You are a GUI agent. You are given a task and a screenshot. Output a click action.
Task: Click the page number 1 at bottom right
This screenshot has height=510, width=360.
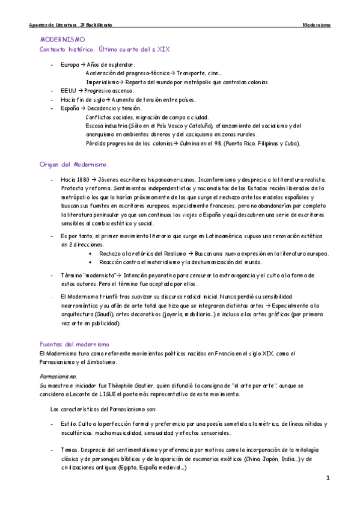coord(328,478)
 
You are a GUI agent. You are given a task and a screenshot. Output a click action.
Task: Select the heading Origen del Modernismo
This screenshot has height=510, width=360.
coord(73,164)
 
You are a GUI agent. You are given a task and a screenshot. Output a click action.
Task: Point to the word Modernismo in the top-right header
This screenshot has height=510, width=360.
coord(317,25)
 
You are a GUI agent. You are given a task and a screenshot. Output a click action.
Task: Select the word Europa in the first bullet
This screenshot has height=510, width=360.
coord(69,64)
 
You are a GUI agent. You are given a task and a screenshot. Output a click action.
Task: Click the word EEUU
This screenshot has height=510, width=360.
coord(68,90)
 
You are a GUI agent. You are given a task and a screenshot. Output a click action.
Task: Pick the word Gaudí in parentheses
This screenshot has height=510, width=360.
coord(102,314)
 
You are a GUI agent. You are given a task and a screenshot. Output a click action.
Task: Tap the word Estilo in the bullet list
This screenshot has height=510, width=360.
coord(68,424)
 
